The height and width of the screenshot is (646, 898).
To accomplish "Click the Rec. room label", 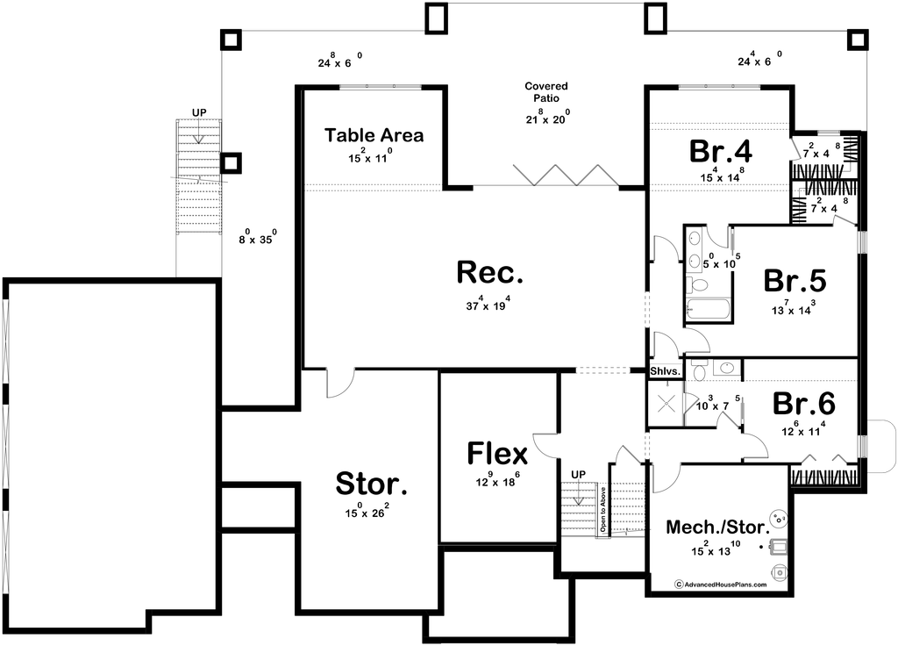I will click(490, 273).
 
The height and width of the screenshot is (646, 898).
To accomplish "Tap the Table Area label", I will click(374, 135).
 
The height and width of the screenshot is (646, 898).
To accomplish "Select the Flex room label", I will click(497, 454).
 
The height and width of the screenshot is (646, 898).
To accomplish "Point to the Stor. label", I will click(373, 483).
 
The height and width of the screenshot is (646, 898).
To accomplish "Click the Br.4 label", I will click(720, 151).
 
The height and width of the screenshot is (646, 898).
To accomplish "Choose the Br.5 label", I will click(795, 281).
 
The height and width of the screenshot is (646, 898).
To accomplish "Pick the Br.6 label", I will click(803, 404).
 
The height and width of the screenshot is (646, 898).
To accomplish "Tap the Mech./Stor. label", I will click(717, 528).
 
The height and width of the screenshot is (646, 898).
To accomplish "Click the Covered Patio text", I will click(546, 92).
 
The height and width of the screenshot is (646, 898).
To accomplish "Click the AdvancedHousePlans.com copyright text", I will click(720, 584).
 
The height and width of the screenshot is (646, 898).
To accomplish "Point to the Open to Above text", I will click(603, 509).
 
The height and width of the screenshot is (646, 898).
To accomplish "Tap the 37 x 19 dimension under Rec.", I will click(489, 305).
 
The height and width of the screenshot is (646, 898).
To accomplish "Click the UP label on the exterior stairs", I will click(199, 113).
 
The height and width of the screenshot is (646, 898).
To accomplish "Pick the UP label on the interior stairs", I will click(578, 475).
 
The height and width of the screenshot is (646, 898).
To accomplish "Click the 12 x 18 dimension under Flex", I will click(497, 479).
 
